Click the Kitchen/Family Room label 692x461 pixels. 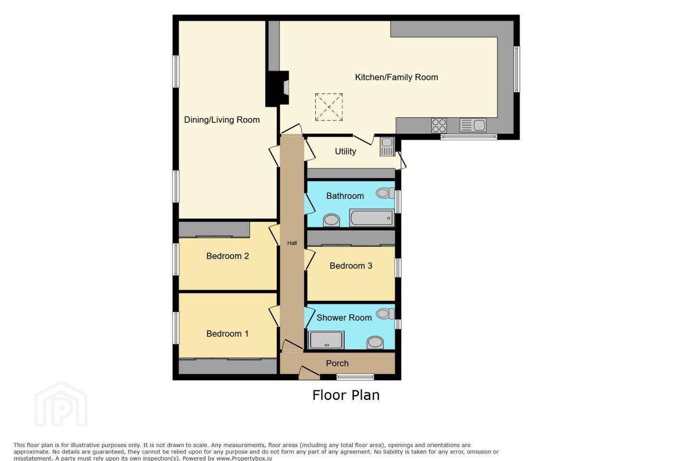point(396,77)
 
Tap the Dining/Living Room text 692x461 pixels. point(222,120)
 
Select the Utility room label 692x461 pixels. point(346,151)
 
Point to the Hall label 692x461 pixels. point(292,243)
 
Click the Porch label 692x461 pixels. point(337,363)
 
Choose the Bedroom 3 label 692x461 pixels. point(351,266)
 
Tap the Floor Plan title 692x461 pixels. point(346,395)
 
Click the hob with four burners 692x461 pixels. point(439,126)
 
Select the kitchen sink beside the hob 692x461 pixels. point(473,125)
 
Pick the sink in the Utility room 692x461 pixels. point(387,146)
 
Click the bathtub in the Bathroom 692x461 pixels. point(371,218)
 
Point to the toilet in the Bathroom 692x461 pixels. point(385,194)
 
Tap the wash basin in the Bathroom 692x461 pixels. point(332,221)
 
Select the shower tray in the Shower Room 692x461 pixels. point(327,340)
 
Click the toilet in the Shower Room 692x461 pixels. point(385,314)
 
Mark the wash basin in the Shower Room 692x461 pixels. point(375,343)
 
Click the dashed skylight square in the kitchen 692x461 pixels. point(329,107)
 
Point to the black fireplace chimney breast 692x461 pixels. point(277,89)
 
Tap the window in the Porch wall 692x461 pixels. point(355,377)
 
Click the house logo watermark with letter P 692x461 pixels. point(61,404)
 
